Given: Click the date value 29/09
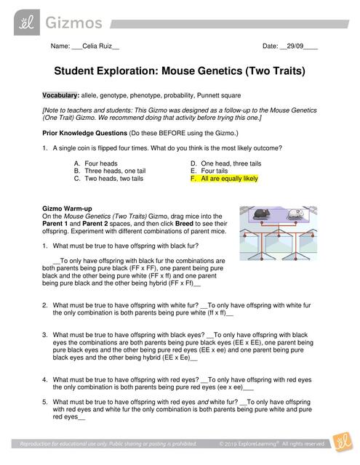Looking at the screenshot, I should (294, 46).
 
